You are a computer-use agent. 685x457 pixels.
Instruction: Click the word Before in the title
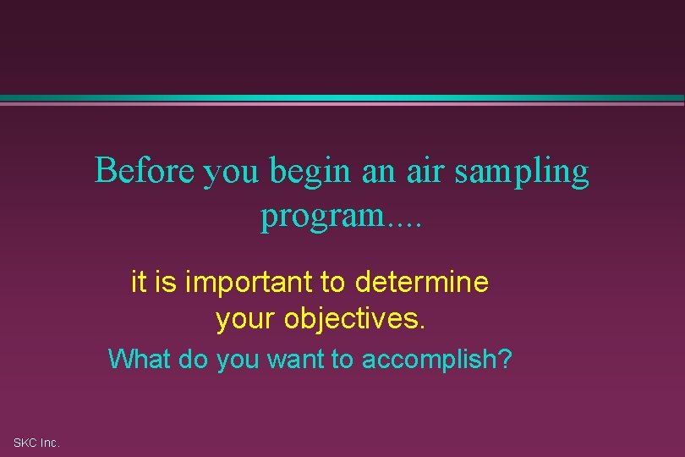(145, 171)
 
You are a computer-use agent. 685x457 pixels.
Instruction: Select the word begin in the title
(310, 173)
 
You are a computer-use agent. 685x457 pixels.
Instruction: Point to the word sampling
(522, 173)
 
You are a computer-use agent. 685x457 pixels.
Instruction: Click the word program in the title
(322, 217)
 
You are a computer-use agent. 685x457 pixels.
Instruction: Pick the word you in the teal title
(234, 174)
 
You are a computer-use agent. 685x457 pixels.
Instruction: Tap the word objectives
(357, 320)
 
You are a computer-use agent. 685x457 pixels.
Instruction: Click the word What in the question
(140, 360)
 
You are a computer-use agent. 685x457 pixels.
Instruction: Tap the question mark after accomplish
(506, 360)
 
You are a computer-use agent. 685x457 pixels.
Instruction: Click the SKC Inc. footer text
(36, 443)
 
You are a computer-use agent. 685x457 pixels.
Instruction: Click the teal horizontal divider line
(342, 98)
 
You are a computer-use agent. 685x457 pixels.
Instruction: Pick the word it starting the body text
(140, 282)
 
